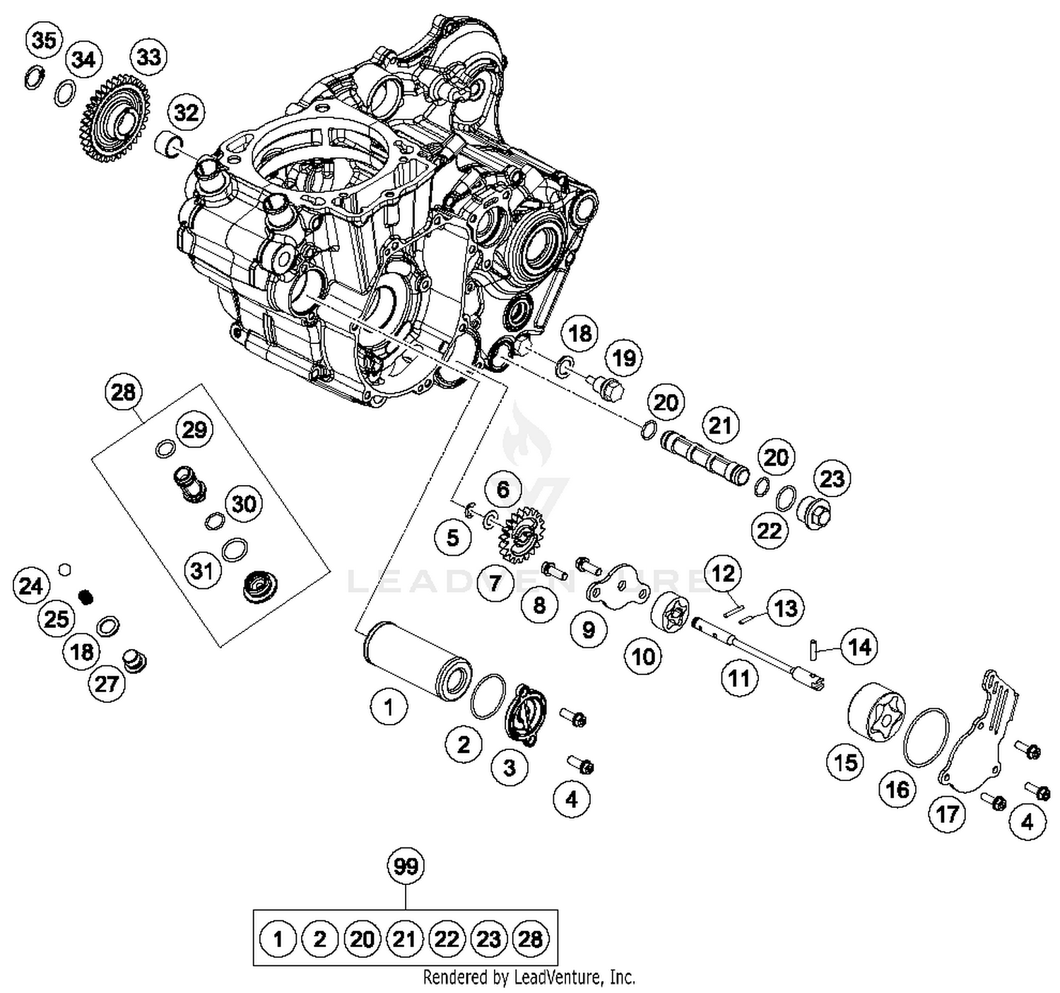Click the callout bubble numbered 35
tap(44, 41)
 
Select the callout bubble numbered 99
tap(406, 867)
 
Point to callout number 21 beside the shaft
tap(720, 426)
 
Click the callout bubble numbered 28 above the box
tap(123, 392)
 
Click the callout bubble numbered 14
tap(859, 646)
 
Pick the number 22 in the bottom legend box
tap(447, 939)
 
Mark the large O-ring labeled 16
tap(926, 737)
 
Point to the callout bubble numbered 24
tap(31, 586)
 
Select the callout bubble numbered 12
tap(723, 574)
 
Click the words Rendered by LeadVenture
tap(529, 977)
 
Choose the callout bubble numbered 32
tap(186, 112)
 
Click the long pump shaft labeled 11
tap(756, 650)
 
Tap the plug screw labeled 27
tap(133, 661)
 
